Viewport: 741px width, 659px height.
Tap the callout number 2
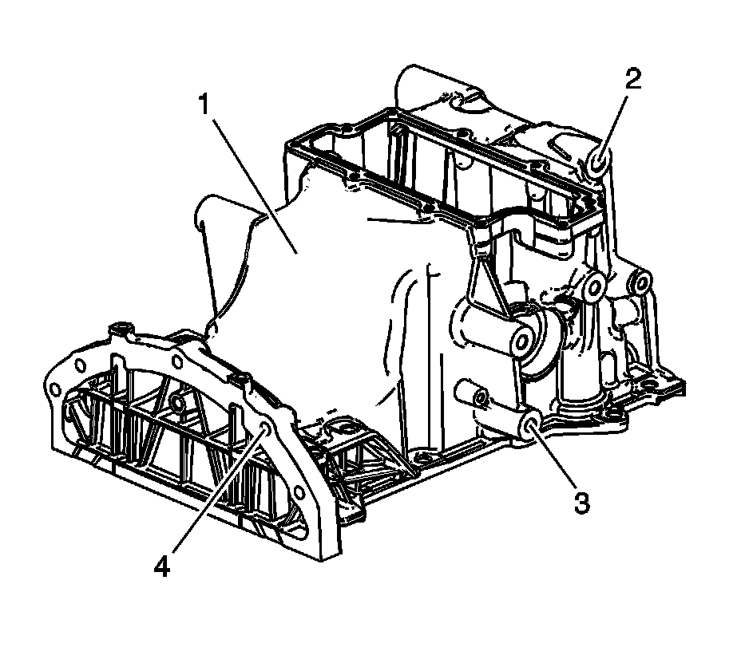632,79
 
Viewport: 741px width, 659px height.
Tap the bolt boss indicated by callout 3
529,429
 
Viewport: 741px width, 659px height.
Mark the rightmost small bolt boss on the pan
642,282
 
